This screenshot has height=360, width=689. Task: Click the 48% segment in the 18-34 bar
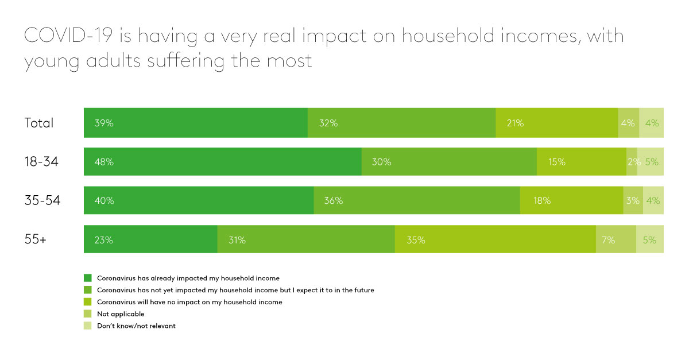[x=222, y=162]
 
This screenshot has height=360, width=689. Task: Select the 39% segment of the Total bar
[x=195, y=123]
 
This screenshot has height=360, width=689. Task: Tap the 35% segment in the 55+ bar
[x=495, y=240]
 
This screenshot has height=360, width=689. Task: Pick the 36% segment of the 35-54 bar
[x=417, y=201]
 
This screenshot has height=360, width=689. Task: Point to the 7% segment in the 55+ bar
[x=616, y=240]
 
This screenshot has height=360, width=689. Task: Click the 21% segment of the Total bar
[x=556, y=123]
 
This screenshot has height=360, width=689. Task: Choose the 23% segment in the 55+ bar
[x=150, y=240]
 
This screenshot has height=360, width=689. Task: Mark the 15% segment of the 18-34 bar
[x=581, y=162]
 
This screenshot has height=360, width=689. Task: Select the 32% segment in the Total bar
[x=401, y=123]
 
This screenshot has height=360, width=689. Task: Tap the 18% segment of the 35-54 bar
[x=571, y=201]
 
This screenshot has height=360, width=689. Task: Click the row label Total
[x=38, y=123]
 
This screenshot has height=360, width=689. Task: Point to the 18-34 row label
[x=41, y=162]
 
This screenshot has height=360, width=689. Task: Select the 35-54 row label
[x=42, y=201]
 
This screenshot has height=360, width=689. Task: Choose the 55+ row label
[x=35, y=240]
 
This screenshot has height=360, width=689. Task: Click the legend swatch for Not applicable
[x=87, y=314]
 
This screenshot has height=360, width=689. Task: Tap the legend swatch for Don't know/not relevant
[x=87, y=326]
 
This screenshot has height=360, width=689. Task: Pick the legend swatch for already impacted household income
[x=87, y=278]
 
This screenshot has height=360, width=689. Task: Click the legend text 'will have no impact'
[x=189, y=302]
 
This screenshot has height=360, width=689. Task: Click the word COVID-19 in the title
[x=69, y=37]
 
